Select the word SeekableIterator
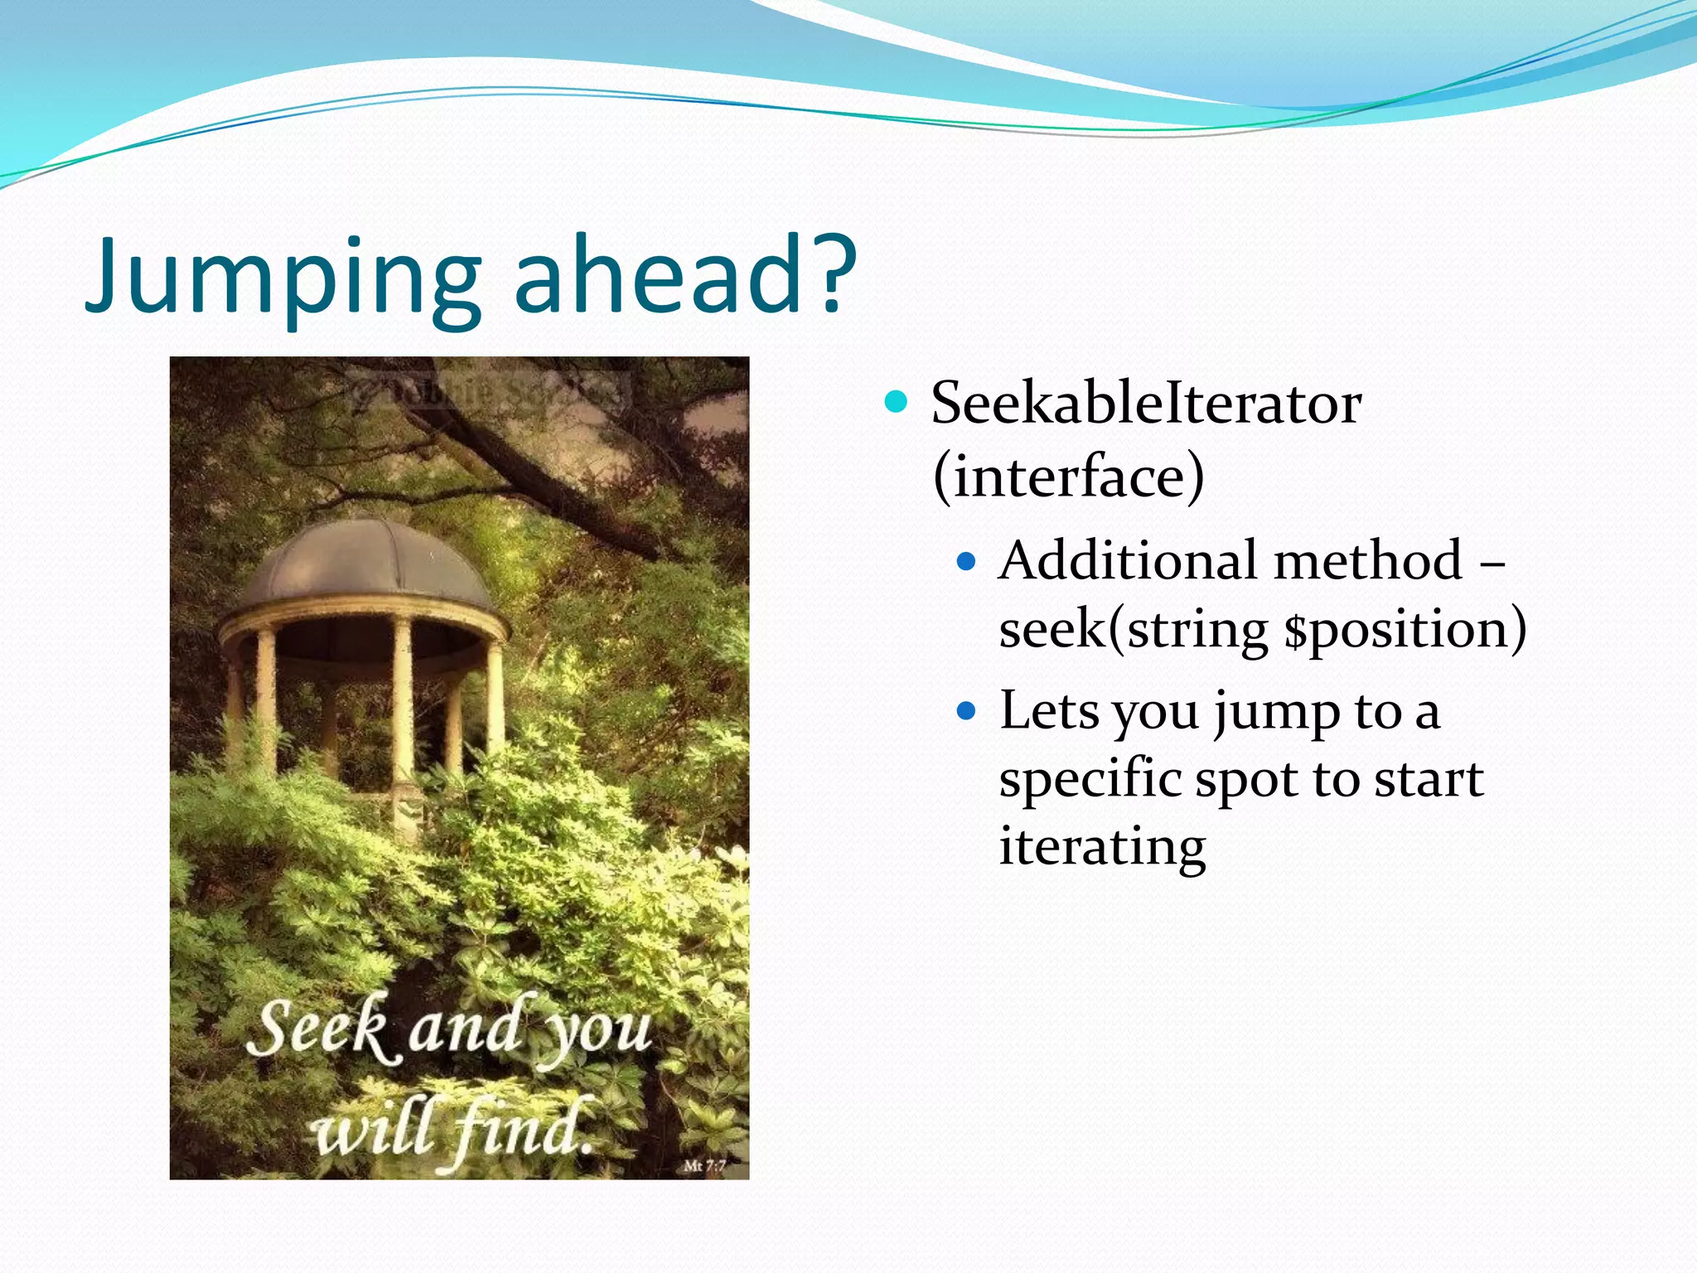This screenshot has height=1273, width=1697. pyautogui.click(x=1145, y=404)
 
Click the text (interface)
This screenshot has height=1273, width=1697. pyautogui.click(x=1068, y=477)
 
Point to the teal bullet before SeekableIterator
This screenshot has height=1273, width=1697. pyautogui.click(x=896, y=403)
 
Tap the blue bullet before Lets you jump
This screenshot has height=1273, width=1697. pyautogui.click(x=966, y=711)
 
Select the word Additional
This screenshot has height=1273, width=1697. pyautogui.click(x=1127, y=561)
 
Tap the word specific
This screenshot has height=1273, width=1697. pyautogui.click(x=1089, y=781)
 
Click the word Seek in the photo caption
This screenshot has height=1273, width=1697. pyautogui.click(x=319, y=1028)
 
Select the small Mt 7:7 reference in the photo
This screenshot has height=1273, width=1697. pyautogui.click(x=704, y=1166)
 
